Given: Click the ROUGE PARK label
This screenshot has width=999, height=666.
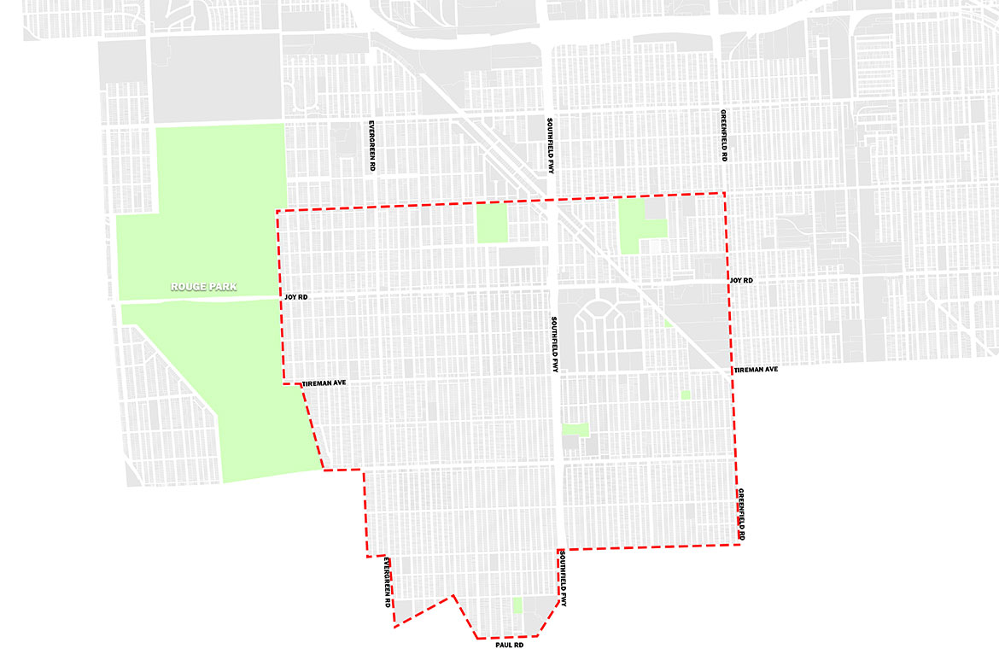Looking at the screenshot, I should (202, 287).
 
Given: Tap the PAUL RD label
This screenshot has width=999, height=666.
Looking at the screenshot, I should (509, 646).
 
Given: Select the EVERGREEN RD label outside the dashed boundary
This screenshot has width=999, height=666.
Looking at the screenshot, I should (372, 145).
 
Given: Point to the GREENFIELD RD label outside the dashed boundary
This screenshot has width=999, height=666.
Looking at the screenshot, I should (722, 137).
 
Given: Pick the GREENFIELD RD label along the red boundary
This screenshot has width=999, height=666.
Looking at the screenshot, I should (741, 514).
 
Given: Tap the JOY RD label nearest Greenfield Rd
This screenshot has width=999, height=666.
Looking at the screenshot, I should (741, 280).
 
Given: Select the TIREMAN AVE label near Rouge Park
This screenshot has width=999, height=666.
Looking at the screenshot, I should (324, 385).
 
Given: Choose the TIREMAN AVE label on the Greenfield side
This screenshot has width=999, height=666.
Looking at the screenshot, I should (756, 370).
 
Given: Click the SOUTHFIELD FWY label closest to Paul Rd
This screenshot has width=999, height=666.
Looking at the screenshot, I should (564, 579).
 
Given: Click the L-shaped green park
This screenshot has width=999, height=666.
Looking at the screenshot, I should (636, 226).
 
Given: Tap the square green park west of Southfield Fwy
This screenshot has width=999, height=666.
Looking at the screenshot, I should (492, 225).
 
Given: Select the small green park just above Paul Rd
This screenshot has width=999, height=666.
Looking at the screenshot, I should (517, 606).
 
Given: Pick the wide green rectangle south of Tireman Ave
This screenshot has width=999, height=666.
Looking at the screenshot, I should (575, 429).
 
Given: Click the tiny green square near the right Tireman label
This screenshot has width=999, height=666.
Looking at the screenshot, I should (685, 394).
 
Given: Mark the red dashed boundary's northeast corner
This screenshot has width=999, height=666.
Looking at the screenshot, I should (724, 194).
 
